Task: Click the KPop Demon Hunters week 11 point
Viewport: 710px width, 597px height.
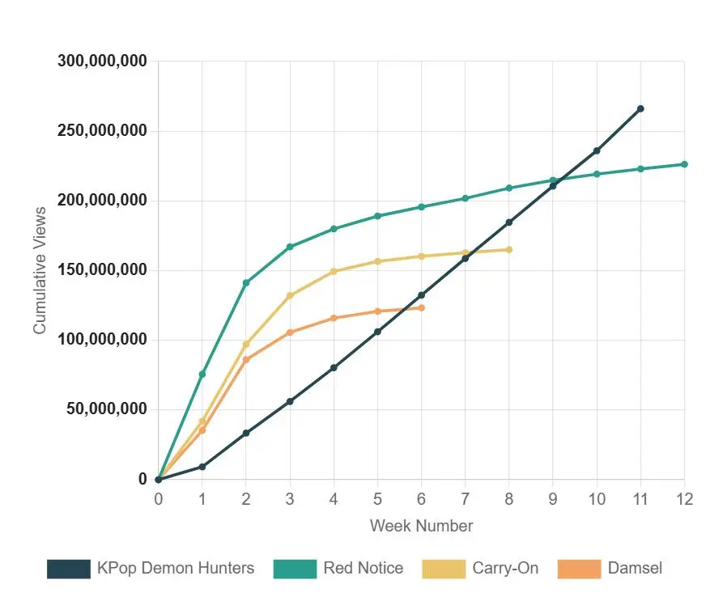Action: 640,108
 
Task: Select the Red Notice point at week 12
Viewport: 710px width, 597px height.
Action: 684,164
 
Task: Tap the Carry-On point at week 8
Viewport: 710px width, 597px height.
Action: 509,249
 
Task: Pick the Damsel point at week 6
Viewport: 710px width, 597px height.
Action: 421,307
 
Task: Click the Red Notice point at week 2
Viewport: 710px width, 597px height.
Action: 246,283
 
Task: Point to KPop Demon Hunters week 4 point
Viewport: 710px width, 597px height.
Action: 334,368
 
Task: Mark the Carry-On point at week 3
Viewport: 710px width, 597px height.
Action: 290,295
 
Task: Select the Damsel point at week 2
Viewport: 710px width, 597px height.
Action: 246,360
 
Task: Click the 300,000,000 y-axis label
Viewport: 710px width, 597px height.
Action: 102,61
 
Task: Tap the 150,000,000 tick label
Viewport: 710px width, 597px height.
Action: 102,270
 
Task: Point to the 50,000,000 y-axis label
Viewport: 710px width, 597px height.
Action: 106,409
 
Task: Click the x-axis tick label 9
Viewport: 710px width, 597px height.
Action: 553,499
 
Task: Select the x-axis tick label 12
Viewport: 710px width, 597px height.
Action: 684,499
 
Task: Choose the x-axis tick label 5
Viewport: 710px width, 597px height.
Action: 377,499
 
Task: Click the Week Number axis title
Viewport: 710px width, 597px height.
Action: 421,526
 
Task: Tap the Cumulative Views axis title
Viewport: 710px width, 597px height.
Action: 40,270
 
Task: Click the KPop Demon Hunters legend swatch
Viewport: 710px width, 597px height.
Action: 69,569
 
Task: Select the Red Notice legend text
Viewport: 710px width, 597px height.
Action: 363,568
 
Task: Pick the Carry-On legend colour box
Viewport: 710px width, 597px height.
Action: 444,569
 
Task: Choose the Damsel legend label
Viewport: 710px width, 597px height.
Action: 635,568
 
